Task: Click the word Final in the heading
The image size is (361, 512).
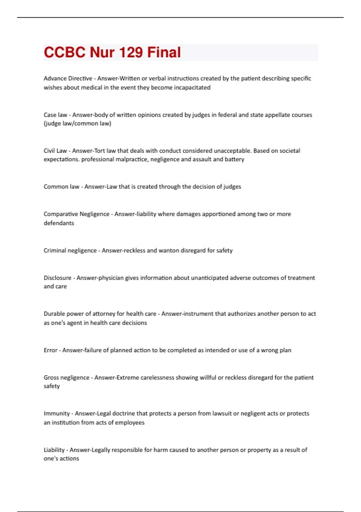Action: (164, 52)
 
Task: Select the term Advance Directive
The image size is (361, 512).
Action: (68, 78)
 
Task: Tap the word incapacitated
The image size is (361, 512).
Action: (192, 88)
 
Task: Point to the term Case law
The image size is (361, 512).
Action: (55, 115)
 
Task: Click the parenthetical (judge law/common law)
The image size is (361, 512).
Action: (77, 123)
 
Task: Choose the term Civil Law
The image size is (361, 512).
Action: (55, 151)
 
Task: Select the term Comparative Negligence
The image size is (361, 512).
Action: (76, 214)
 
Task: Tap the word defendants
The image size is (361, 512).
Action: (59, 223)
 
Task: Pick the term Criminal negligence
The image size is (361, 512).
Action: (70, 251)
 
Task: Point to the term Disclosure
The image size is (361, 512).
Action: (57, 278)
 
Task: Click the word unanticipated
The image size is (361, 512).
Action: (209, 278)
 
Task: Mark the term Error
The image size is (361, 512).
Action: (50, 350)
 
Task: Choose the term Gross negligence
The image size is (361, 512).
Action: (66, 378)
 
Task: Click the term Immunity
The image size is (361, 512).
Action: (57, 414)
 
